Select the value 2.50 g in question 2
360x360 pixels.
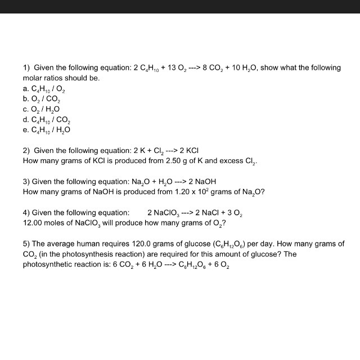(x=175, y=161)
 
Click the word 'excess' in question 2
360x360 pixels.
(x=227, y=161)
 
